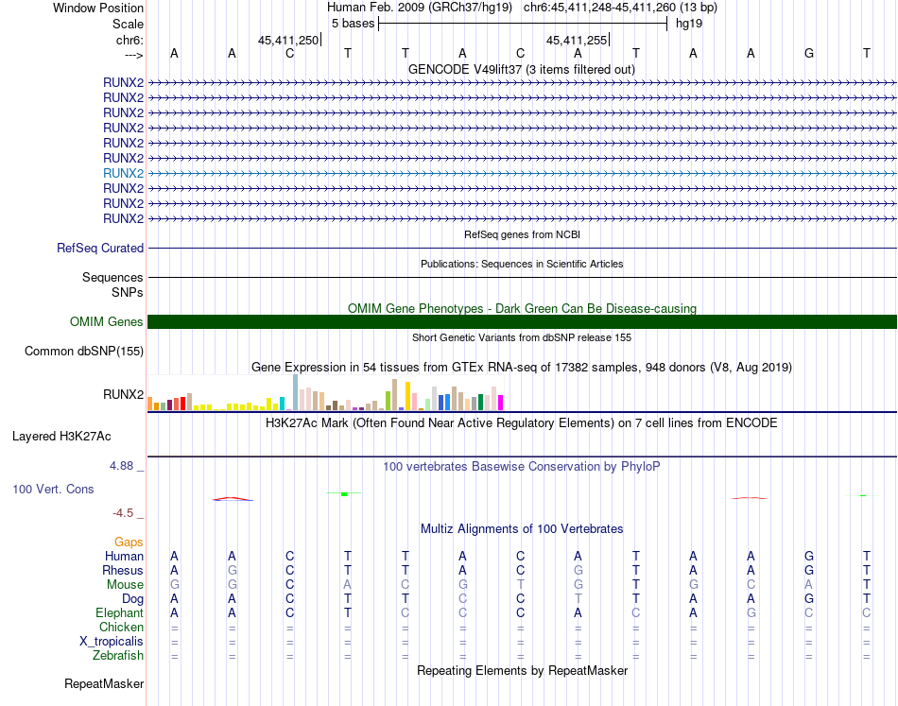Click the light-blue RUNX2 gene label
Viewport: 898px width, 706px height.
point(124,173)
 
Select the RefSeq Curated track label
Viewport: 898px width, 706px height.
point(100,249)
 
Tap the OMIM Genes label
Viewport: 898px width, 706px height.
point(107,322)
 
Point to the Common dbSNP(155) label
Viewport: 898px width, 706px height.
point(83,352)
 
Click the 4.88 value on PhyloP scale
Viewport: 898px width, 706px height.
point(126,466)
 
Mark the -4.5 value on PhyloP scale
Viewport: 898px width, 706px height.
point(124,513)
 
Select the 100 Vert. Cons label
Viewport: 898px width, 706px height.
point(53,490)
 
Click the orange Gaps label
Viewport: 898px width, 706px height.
point(129,542)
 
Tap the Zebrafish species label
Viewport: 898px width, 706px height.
point(118,655)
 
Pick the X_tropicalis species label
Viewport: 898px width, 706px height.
point(112,641)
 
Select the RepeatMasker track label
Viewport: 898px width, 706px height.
point(104,683)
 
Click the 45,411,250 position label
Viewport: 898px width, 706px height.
point(288,40)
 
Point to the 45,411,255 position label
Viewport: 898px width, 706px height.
point(577,40)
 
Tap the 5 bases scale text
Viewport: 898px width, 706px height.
point(353,24)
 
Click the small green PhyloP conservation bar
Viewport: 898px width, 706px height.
point(345,494)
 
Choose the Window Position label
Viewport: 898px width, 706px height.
point(98,8)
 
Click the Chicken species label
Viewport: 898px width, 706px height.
point(121,627)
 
